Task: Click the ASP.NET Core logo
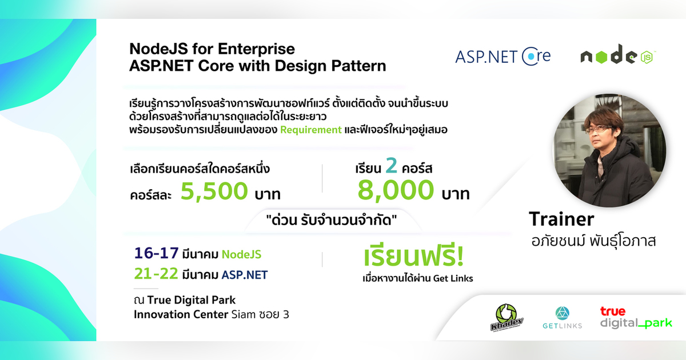pyautogui.click(x=502, y=56)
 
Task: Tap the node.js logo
pyautogui.click(x=617, y=57)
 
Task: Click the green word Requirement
pyautogui.click(x=310, y=130)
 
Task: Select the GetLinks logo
pyautogui.click(x=562, y=318)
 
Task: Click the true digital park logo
pyautogui.click(x=636, y=317)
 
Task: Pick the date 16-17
pyautogui.click(x=156, y=253)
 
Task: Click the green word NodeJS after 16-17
pyautogui.click(x=241, y=254)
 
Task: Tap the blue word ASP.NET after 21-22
pyautogui.click(x=244, y=275)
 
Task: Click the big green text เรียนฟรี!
pyautogui.click(x=413, y=258)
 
